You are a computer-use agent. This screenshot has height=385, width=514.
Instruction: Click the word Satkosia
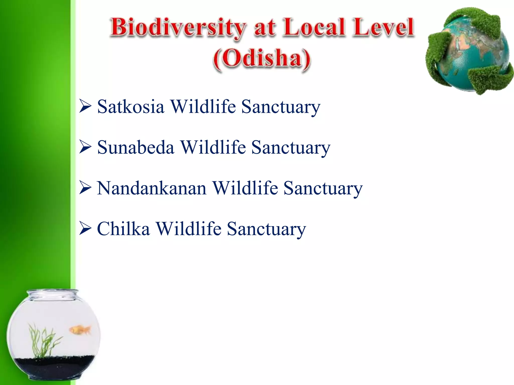pos(131,107)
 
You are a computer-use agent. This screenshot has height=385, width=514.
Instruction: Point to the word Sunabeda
pos(136,147)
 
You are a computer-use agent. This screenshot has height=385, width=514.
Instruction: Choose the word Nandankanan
pos(152,188)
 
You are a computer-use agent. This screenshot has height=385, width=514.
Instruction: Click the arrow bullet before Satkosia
pos(85,106)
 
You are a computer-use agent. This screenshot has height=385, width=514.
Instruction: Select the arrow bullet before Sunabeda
pos(85,147)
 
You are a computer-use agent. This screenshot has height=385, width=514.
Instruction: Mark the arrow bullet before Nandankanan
pos(85,188)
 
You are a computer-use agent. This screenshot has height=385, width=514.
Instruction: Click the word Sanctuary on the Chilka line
pos(266,229)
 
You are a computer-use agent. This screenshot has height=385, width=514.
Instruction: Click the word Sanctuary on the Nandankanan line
pos(323,188)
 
